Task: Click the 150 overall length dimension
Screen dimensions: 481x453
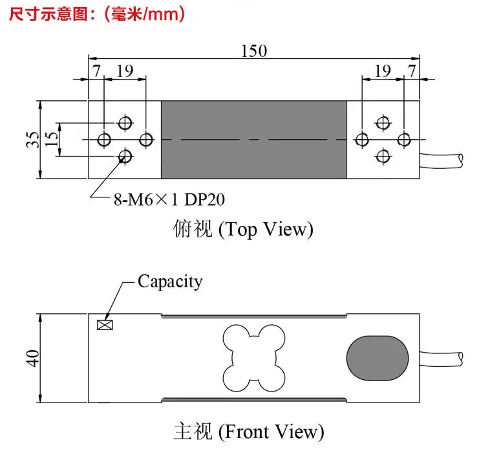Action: [x=253, y=51]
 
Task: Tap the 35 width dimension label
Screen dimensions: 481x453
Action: [x=33, y=140]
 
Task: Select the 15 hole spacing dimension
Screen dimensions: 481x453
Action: [x=51, y=139]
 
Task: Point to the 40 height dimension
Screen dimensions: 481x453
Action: [x=33, y=358]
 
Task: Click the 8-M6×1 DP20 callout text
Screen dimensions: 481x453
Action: [x=169, y=199]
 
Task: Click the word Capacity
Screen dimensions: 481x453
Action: [x=170, y=282]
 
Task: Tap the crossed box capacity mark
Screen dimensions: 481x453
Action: [x=105, y=325]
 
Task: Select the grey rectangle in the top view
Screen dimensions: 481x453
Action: [x=254, y=140]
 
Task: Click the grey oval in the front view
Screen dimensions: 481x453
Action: [x=378, y=358]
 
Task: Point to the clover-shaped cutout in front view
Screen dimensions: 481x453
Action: [x=254, y=358]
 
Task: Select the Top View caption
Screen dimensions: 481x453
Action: [x=243, y=229]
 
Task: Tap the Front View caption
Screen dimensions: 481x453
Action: [x=249, y=432]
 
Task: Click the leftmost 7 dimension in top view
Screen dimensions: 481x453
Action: [x=96, y=71]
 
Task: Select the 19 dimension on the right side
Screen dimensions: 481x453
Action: [x=383, y=71]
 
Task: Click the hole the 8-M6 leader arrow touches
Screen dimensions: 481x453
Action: [x=125, y=157]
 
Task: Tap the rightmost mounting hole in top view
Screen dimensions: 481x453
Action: [x=404, y=140]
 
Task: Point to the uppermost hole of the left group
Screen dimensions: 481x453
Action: [x=125, y=123]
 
